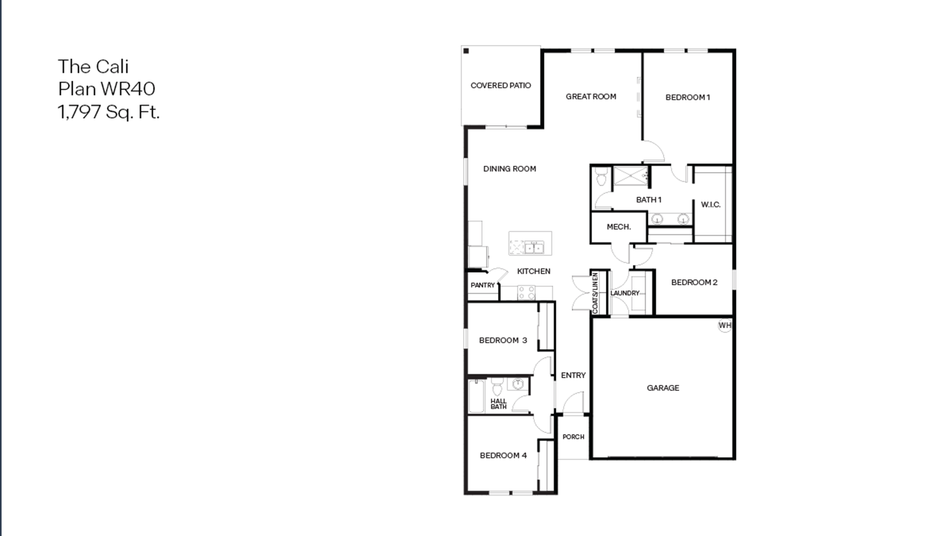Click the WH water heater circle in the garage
tap(724, 326)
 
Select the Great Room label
tap(591, 97)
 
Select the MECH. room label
tap(619, 227)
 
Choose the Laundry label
tap(625, 293)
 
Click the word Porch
tap(573, 437)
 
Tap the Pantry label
tap(482, 285)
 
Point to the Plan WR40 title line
tap(106, 89)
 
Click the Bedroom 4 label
tap(503, 455)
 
